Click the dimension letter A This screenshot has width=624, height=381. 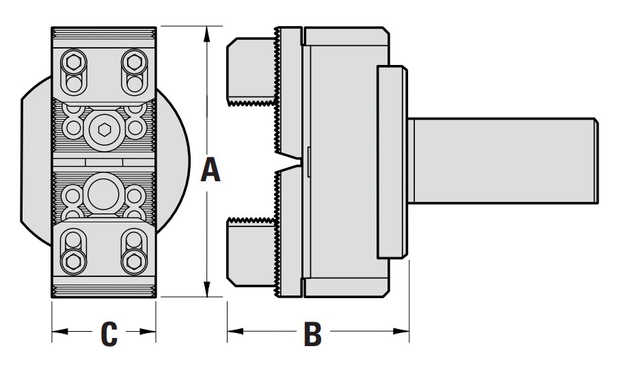211,170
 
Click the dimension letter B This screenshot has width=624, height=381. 312,334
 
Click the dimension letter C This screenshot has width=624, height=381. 109,334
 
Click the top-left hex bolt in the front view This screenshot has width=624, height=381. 72,64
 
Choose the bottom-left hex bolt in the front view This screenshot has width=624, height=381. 72,261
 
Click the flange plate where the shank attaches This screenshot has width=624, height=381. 392,161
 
